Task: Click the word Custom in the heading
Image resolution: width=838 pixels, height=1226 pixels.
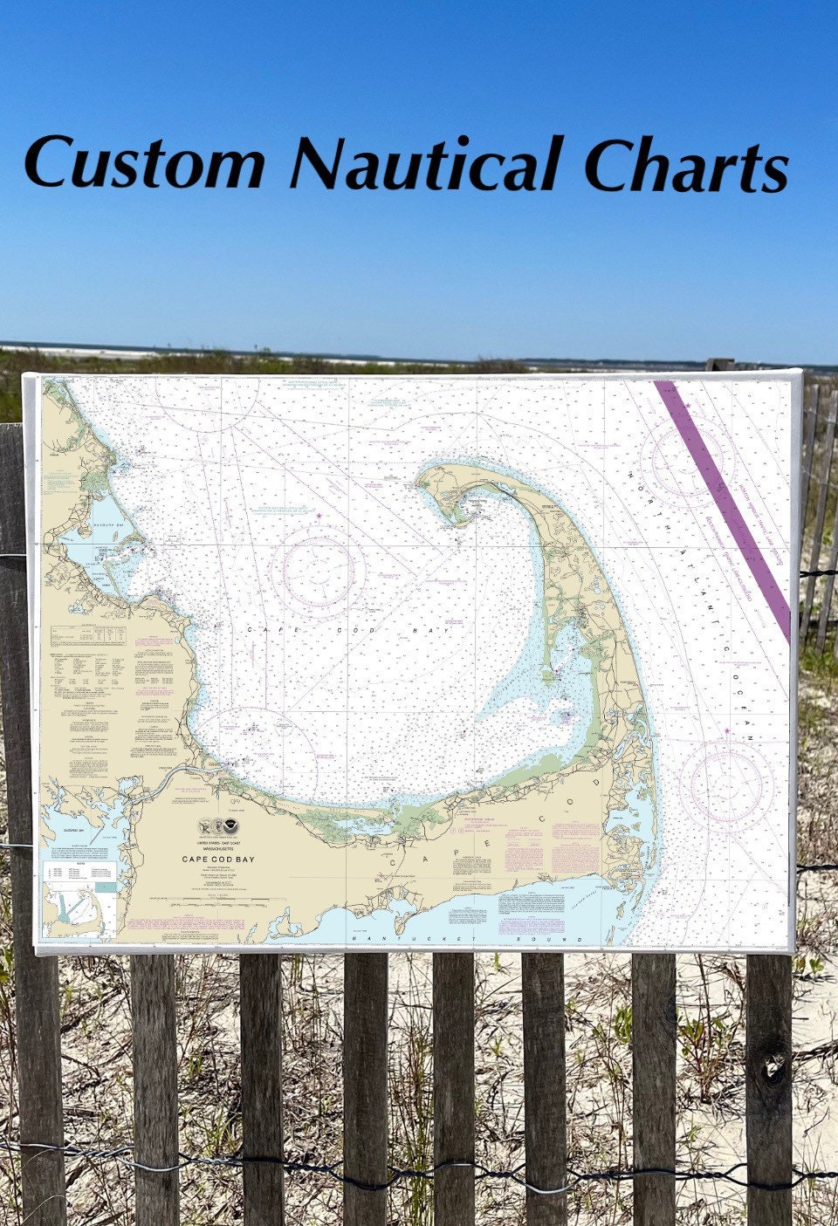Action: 144,163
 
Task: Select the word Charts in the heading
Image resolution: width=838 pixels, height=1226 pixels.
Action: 686,165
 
